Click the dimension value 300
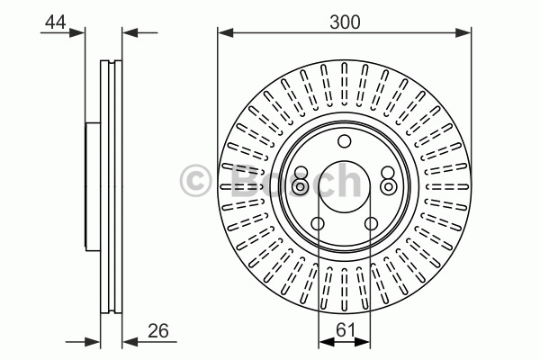(345, 22)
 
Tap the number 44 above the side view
(56, 22)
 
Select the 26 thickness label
(158, 330)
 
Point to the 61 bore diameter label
(345, 330)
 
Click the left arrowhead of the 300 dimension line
(226, 33)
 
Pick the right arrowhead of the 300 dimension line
(463, 33)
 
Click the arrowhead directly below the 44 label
(76, 33)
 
